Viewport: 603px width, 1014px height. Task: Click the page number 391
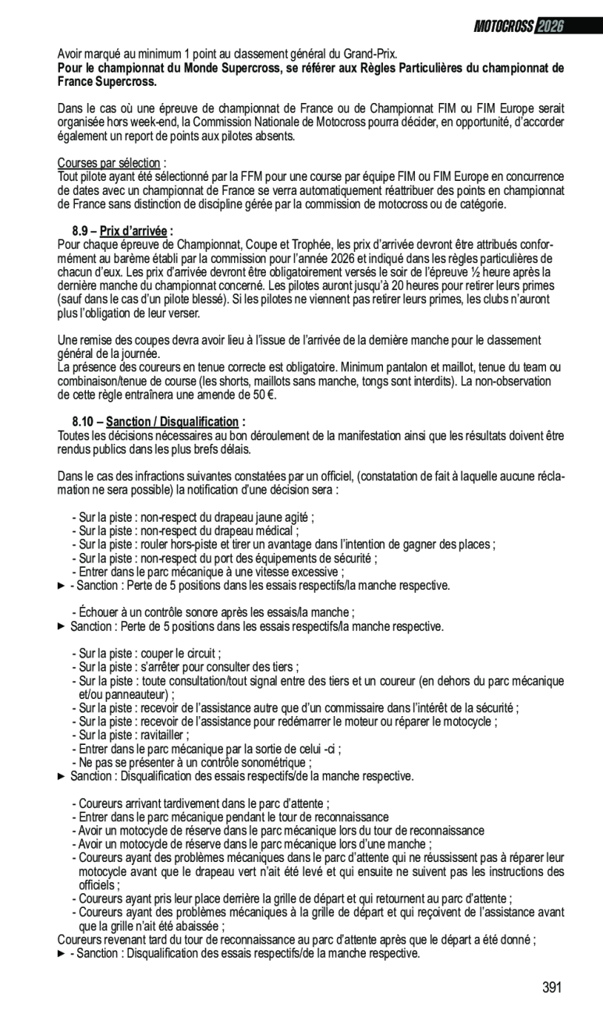(x=552, y=987)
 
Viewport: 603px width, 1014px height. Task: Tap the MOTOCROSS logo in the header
(x=504, y=27)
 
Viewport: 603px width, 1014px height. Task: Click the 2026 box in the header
(x=549, y=27)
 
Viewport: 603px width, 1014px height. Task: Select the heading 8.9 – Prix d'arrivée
(x=122, y=231)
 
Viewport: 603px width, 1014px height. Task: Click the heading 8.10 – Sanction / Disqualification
(x=158, y=421)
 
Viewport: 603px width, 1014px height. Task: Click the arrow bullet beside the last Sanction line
(x=62, y=953)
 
